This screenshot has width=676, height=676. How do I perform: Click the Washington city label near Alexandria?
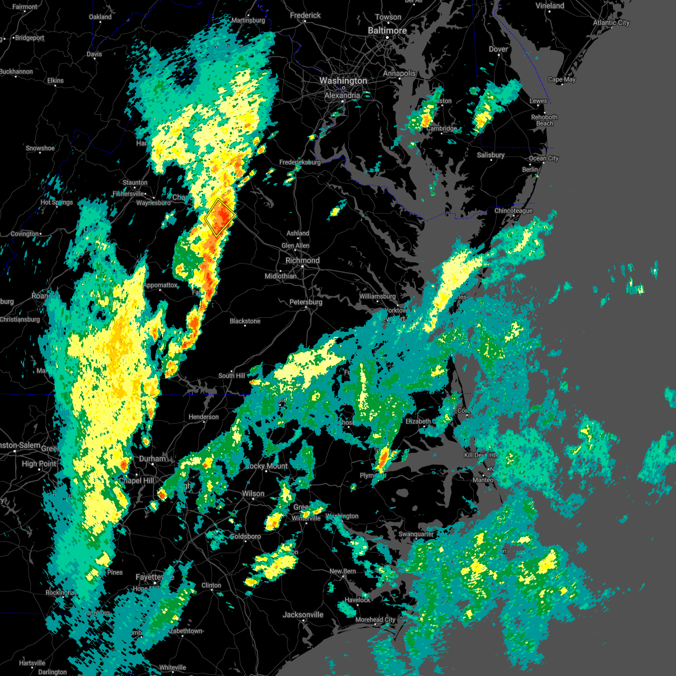343,81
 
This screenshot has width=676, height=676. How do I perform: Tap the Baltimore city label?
387,30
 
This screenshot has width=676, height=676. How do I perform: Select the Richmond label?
303,261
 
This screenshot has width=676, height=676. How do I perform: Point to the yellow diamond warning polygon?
220,217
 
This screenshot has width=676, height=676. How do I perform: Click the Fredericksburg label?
300,163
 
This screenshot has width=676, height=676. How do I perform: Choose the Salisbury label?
491,155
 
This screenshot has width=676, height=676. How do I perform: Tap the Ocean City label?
544,158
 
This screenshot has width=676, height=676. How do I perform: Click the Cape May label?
562,79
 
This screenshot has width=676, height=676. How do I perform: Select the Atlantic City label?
611,23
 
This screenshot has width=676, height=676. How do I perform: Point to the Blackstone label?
245,321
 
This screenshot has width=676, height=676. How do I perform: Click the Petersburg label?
306,303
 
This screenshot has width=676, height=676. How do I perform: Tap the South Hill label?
232,376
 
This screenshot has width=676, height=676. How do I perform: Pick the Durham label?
153,459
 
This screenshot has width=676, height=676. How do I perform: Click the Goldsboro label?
246,536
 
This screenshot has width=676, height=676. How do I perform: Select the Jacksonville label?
303,615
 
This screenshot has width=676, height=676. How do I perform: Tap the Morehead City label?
375,620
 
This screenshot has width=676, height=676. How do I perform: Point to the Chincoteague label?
513,211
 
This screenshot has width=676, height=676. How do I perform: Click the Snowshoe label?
40,149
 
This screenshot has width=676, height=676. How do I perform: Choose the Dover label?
499,50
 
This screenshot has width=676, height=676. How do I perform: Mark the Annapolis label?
399,74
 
